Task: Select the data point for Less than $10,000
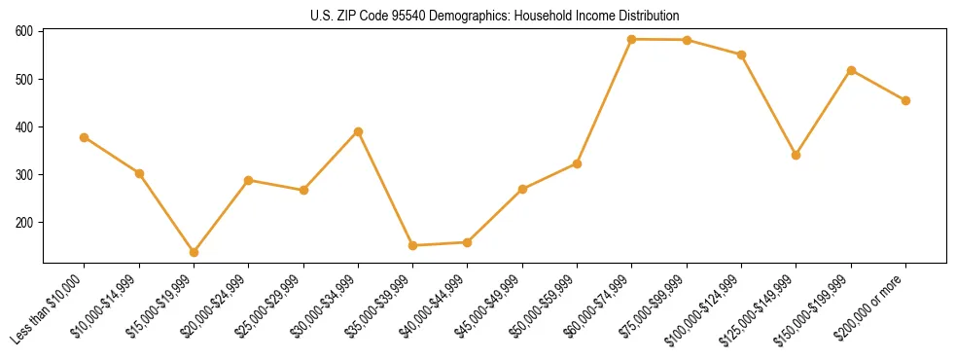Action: (x=85, y=137)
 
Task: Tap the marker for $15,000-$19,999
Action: (x=194, y=252)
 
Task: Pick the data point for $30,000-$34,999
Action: (x=358, y=131)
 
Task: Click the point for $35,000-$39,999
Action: (x=412, y=245)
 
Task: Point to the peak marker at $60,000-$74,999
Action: (x=632, y=39)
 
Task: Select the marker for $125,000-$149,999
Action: (x=797, y=155)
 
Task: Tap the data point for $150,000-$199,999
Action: (x=851, y=70)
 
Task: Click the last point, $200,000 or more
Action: (x=905, y=100)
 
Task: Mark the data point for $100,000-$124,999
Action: (x=741, y=54)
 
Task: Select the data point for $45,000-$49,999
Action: (x=522, y=189)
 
